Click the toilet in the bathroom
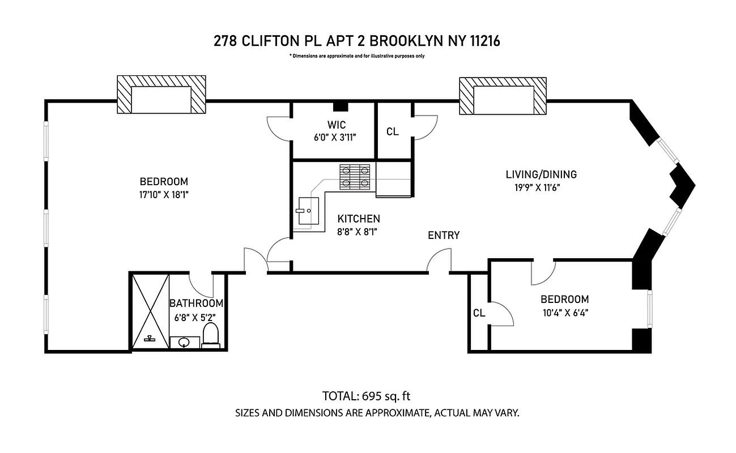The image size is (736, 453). pos(211,335)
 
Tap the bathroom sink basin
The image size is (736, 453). pos(184,342)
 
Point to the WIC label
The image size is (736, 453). pos(336,125)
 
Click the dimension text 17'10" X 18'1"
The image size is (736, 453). pos(164,194)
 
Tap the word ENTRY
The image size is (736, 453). pos(444,236)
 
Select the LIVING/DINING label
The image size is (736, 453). pos(541,174)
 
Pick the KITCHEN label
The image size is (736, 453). pos(359,219)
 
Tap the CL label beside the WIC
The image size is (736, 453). pos(392,132)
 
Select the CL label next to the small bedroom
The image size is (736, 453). pos(479,313)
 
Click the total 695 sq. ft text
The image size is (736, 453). pos(370,396)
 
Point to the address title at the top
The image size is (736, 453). pos(357,41)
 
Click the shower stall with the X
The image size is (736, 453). pos(150,311)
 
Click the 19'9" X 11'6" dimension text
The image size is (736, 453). pos(534,187)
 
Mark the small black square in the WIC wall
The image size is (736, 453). pos(340,106)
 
